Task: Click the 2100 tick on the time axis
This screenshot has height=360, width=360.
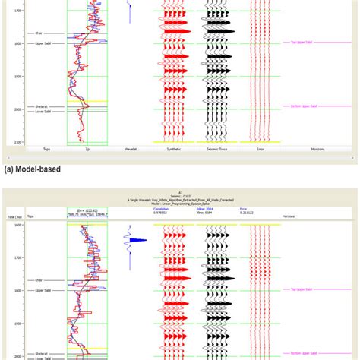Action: (x=17, y=142)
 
